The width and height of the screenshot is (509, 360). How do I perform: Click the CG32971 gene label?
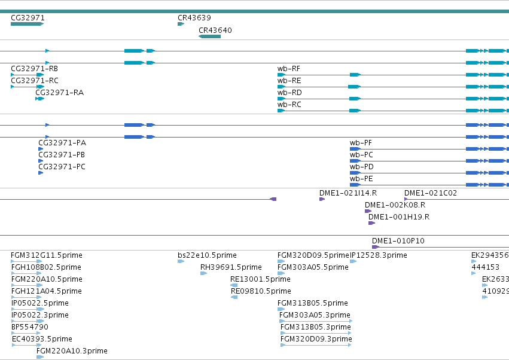click(x=28, y=18)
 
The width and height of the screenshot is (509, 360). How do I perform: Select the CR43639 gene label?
click(x=194, y=18)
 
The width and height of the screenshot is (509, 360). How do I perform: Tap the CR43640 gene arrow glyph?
click(x=209, y=36)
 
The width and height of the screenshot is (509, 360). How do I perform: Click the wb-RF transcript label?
click(x=288, y=69)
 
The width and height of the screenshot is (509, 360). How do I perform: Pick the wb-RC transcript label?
click(x=289, y=105)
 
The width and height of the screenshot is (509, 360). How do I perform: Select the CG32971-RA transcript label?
click(x=59, y=93)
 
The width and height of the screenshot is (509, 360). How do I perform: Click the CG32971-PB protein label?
click(x=62, y=155)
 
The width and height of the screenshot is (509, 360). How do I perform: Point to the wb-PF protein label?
click(x=361, y=143)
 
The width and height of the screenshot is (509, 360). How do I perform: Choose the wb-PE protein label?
click(x=361, y=179)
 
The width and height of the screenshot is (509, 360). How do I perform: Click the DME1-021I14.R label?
click(x=348, y=193)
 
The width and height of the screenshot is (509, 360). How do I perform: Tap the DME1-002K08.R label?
click(x=395, y=205)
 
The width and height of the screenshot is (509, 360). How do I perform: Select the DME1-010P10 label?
click(x=398, y=241)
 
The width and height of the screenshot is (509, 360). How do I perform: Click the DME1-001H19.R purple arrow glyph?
click(x=371, y=223)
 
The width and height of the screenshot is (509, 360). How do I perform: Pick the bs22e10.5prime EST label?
click(x=207, y=255)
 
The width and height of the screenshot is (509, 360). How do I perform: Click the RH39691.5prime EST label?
click(x=231, y=267)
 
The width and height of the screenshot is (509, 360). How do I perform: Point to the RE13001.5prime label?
click(x=260, y=279)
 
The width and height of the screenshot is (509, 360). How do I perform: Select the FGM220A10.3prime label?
click(x=72, y=351)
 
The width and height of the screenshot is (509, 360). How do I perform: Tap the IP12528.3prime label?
click(x=378, y=255)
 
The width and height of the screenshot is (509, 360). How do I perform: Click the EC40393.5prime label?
click(x=42, y=339)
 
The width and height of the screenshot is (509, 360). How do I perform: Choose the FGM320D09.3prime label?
click(x=316, y=339)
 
